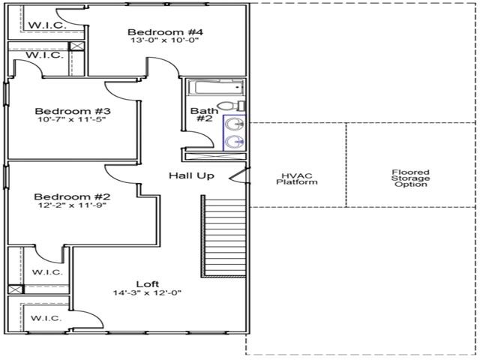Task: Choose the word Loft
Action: pos(147,283)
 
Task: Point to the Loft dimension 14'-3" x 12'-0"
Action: pos(147,293)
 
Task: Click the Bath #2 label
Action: pos(203,116)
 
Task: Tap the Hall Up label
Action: pos(191,175)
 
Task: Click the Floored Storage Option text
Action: pos(410,178)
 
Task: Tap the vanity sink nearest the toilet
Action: pos(234,123)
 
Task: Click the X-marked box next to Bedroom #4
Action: pos(75,46)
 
